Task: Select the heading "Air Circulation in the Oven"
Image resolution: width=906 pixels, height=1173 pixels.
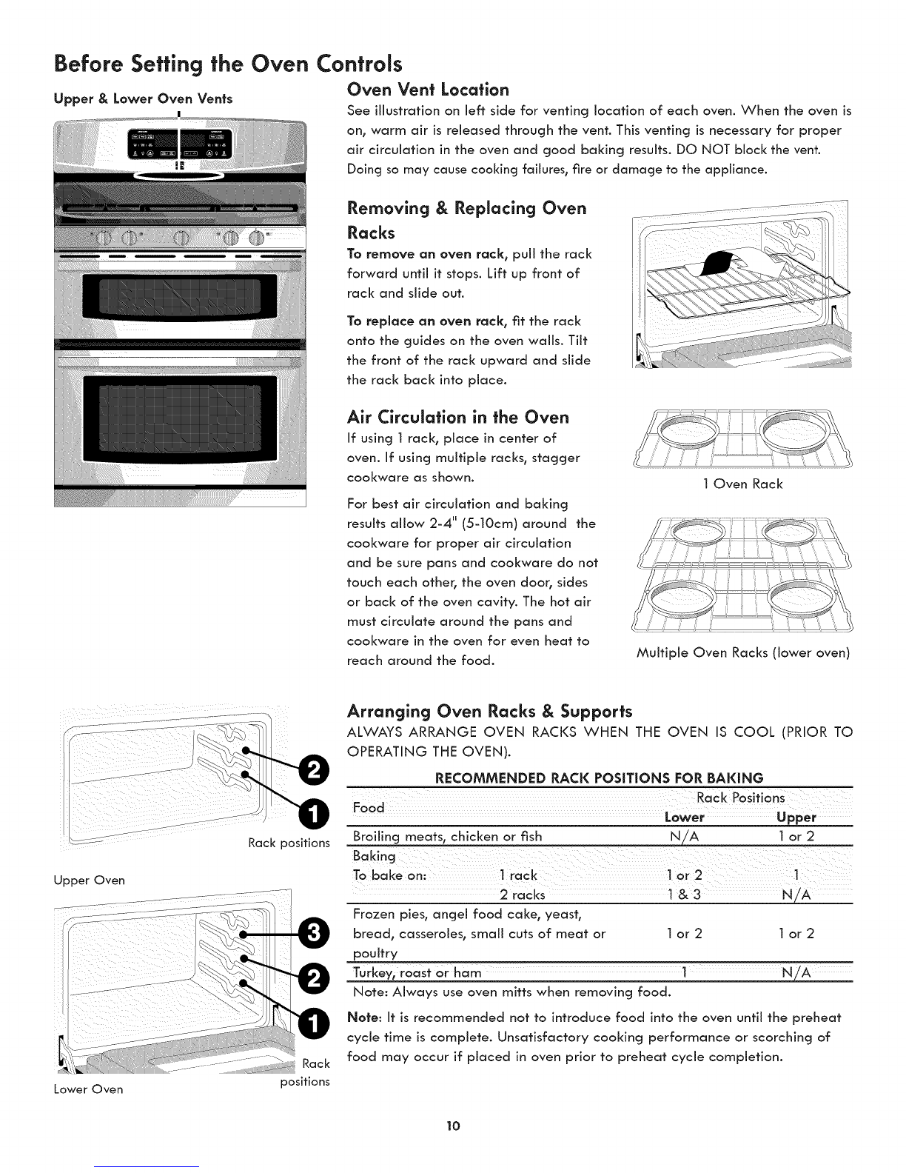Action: [458, 417]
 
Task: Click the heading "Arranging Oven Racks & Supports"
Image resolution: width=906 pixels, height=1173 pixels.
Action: [489, 712]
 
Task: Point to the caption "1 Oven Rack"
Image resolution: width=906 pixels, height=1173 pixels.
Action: [742, 484]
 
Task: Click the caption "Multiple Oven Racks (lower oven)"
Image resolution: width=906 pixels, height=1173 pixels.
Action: [742, 653]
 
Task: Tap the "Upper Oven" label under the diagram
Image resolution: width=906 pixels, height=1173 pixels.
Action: [88, 880]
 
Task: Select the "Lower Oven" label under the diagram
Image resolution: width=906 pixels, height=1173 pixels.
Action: [87, 1089]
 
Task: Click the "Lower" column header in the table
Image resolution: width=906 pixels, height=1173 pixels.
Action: [684, 817]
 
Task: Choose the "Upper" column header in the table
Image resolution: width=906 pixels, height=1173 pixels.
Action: [796, 817]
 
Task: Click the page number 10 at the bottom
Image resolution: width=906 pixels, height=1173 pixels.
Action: [453, 1126]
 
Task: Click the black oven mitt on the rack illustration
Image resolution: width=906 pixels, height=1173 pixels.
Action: [725, 263]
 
